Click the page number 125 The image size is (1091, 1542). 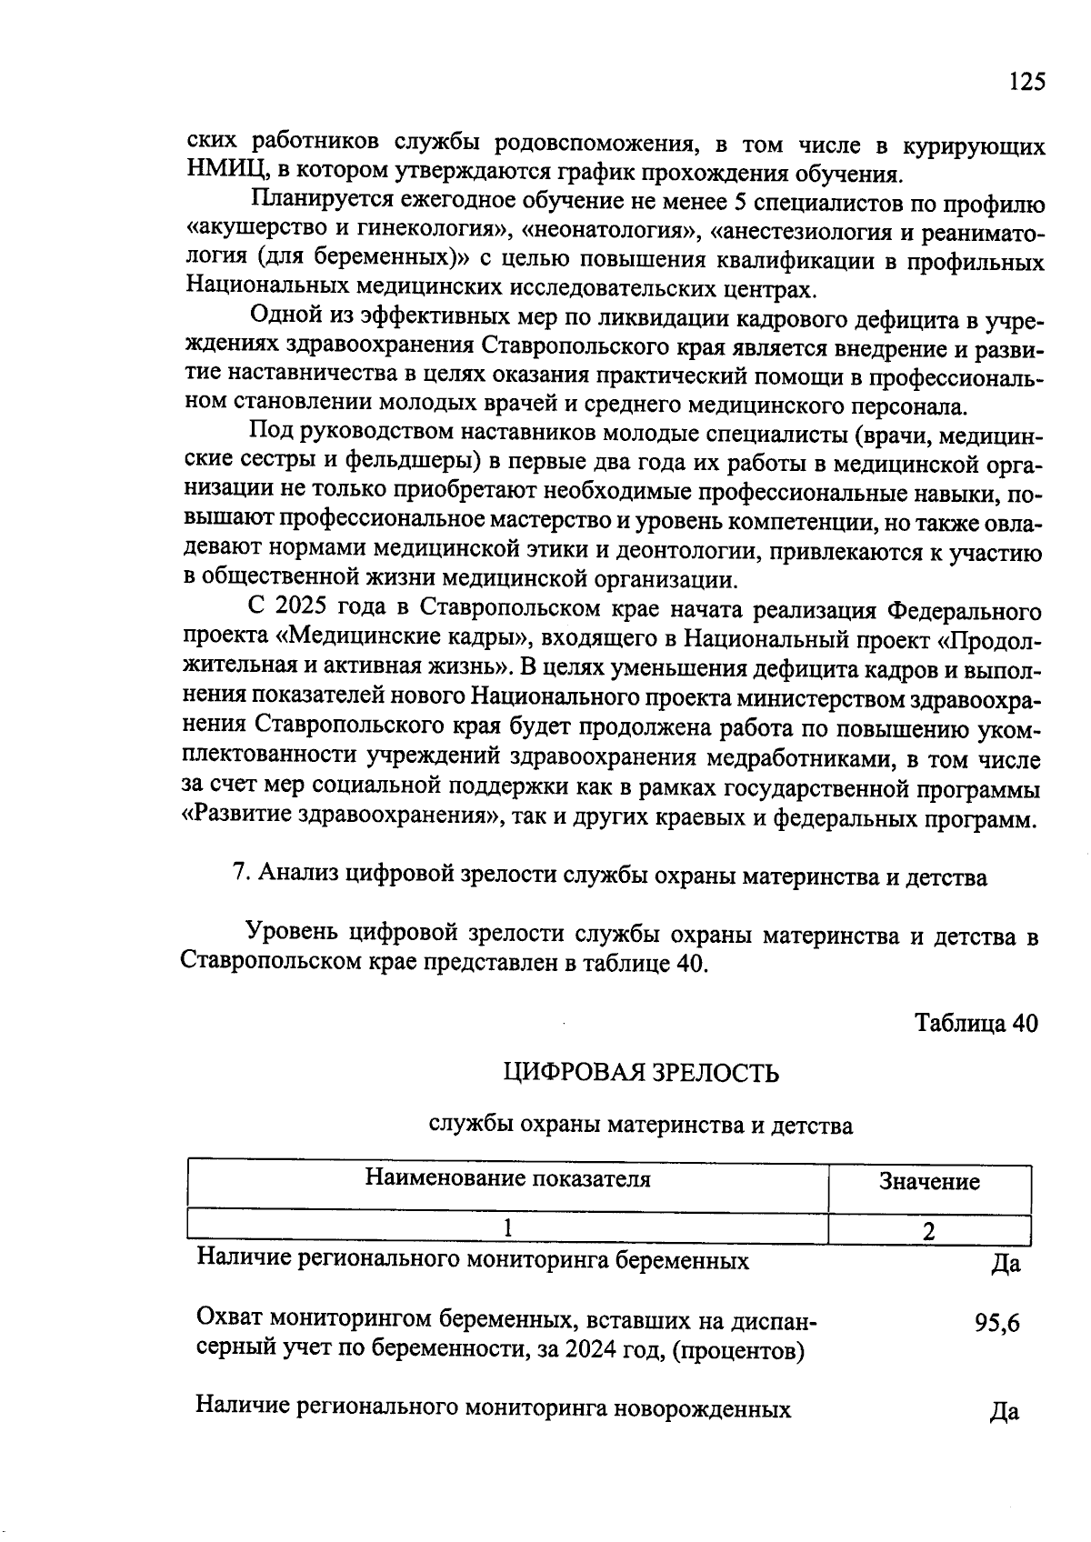coord(1026,82)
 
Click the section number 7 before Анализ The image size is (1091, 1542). coord(241,874)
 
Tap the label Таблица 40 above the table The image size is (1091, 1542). coord(975,1022)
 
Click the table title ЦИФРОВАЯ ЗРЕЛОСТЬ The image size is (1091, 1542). coord(641,1073)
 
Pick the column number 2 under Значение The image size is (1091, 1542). coord(928,1231)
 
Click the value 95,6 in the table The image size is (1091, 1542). coord(996,1323)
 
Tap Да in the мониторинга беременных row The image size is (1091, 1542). coord(1006,1263)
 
